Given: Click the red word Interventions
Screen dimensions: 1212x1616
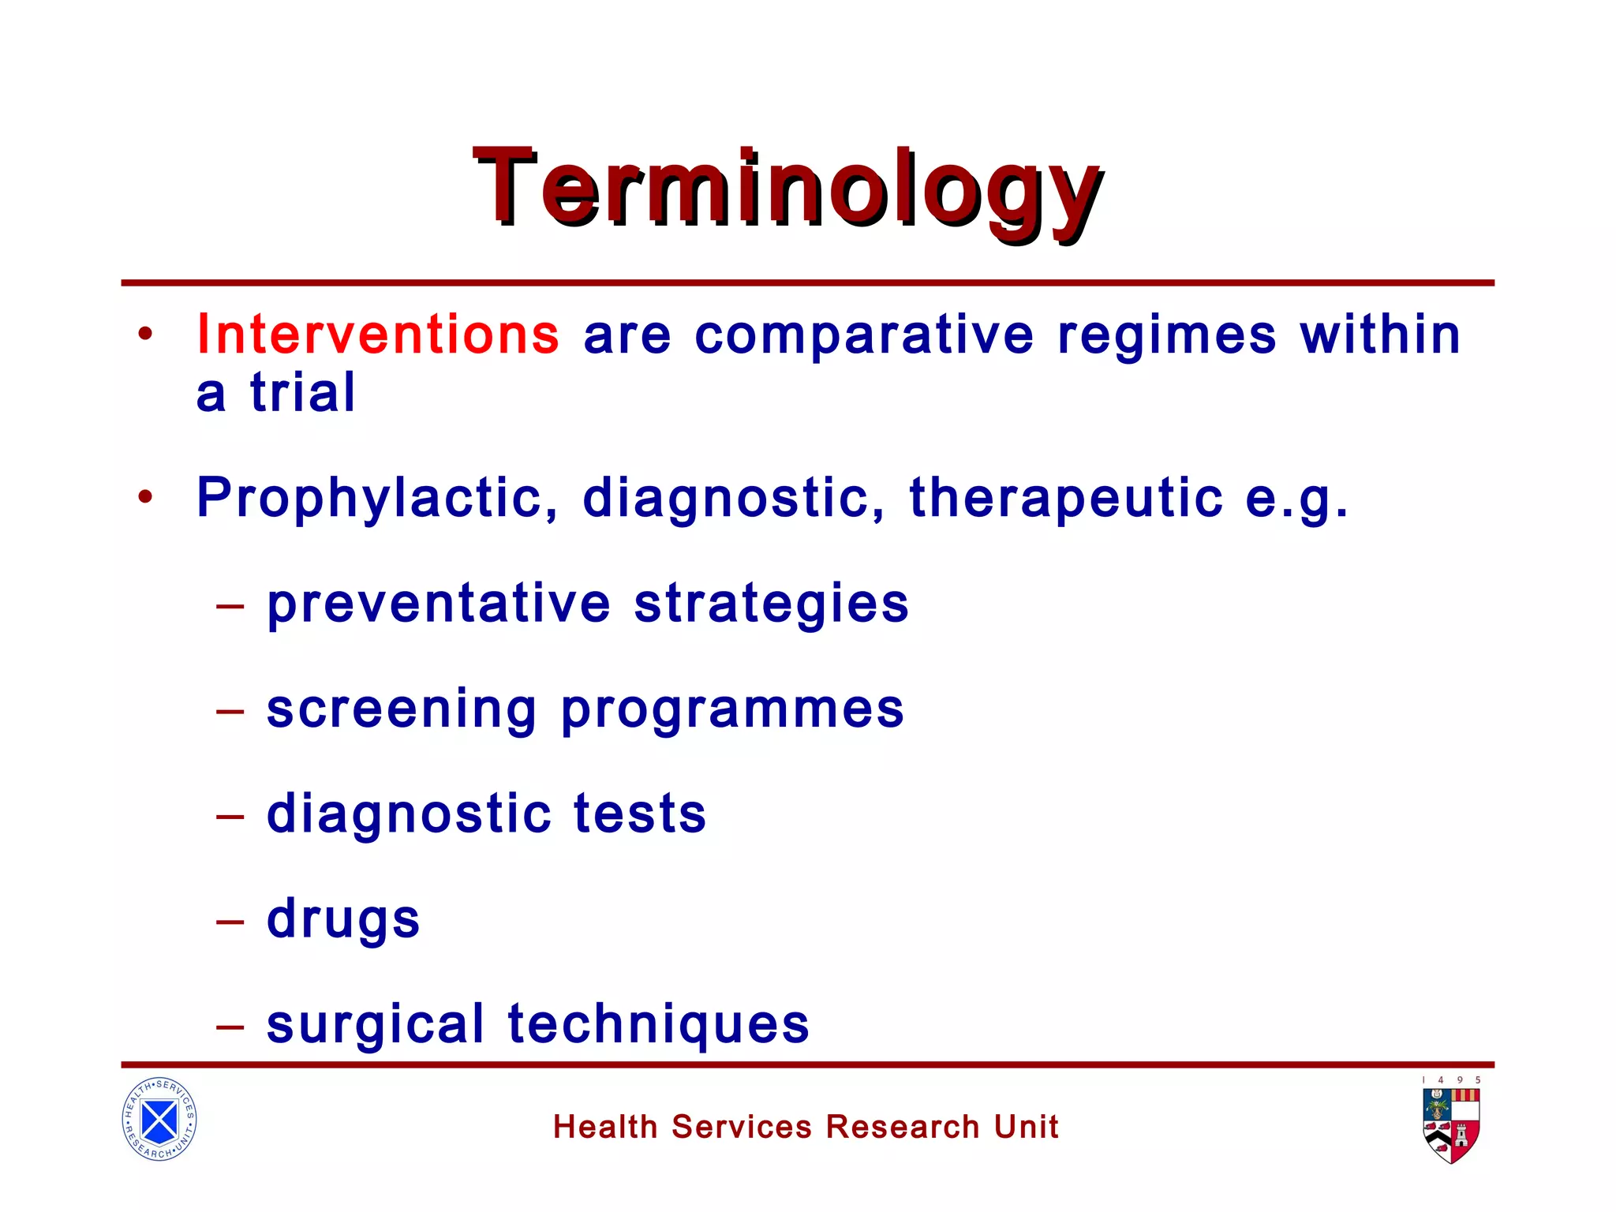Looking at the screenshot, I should point(378,335).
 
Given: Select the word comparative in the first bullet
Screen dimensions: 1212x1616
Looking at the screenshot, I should point(864,336).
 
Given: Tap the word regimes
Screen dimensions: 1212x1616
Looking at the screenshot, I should point(1166,336).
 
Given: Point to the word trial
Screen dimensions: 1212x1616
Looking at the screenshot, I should point(303,392).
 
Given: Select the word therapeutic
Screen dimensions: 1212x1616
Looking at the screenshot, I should point(1066,499).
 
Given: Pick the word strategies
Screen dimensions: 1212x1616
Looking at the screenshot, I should point(771,605).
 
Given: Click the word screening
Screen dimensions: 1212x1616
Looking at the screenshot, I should point(402,709).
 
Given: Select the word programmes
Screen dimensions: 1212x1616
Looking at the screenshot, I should point(732,711).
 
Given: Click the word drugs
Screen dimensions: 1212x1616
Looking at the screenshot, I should point(343,921).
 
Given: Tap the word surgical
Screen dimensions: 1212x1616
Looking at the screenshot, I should point(376,1024).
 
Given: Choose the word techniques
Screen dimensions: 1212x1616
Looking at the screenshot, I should point(658,1024).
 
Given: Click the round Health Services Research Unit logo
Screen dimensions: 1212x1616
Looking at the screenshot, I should point(159,1119).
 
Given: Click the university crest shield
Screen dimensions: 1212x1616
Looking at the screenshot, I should point(1450,1125).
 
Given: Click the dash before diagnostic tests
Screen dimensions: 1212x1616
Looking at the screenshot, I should point(230,816).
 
